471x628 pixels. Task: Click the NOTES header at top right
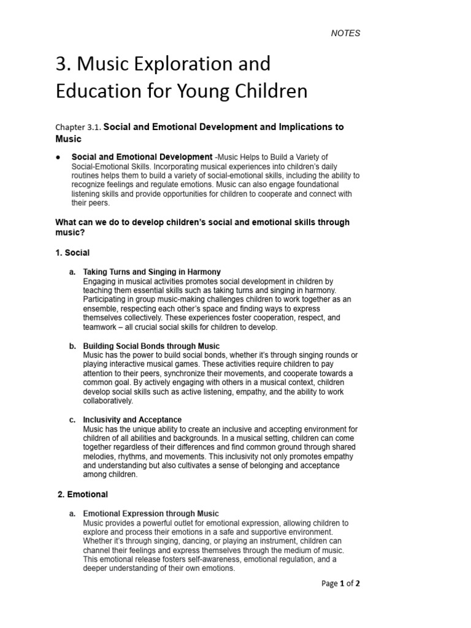345,33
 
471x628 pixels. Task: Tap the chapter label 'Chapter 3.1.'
78,128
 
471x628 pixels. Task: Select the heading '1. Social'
72,253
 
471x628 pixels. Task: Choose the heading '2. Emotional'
82,494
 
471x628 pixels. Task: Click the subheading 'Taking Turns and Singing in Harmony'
151,272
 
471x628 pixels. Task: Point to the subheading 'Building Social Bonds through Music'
151,347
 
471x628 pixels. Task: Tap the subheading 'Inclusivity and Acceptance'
132,420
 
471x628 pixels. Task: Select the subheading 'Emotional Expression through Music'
151,513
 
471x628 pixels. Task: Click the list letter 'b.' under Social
72,347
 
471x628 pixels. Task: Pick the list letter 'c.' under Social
72,420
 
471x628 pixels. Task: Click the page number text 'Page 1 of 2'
340,584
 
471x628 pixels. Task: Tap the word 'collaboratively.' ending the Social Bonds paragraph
108,401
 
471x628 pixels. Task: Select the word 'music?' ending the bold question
70,233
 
